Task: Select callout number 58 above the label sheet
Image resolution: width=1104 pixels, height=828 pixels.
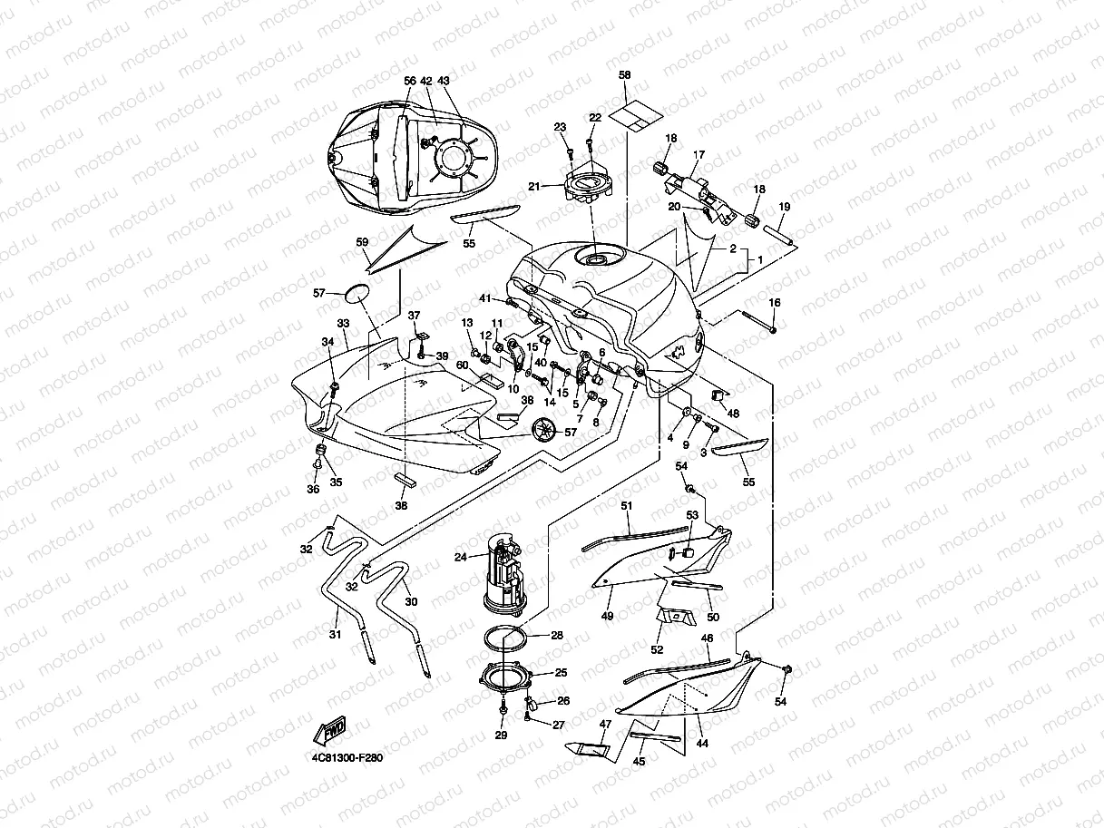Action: click(624, 75)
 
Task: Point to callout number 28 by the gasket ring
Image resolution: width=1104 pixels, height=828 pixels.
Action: click(557, 636)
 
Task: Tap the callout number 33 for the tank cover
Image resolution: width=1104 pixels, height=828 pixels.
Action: click(343, 323)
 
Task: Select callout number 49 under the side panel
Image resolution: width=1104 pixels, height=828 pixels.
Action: click(607, 616)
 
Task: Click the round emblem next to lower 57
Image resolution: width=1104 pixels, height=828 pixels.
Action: click(542, 429)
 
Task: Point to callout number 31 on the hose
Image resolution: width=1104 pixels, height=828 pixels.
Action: click(335, 635)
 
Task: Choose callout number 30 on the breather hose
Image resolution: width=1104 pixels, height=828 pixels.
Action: click(411, 602)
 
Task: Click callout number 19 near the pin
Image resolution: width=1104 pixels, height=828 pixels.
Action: click(785, 207)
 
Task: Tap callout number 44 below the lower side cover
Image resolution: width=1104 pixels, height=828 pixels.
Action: click(702, 743)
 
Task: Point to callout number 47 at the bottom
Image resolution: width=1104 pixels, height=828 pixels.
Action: click(605, 725)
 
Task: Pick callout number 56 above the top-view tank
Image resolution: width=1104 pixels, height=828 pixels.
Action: click(409, 81)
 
